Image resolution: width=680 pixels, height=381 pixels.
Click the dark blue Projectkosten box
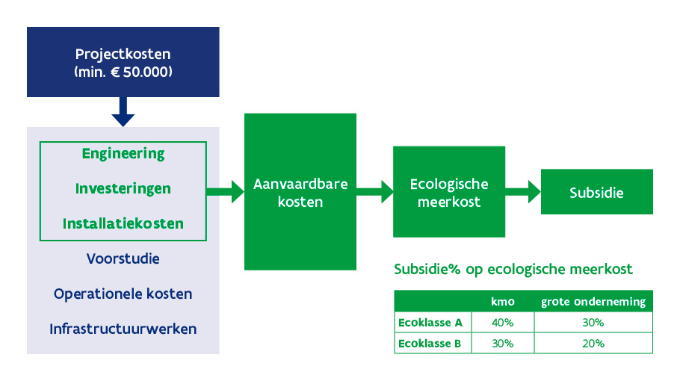pyautogui.click(x=123, y=63)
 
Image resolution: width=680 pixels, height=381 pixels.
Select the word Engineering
pyautogui.click(x=123, y=154)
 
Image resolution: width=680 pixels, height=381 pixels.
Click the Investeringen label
pyautogui.click(x=123, y=189)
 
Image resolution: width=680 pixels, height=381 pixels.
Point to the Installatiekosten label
pyautogui.click(x=123, y=223)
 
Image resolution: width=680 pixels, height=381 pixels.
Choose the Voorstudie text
pyautogui.click(x=123, y=259)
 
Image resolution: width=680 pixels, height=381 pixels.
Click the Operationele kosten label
pyautogui.click(x=123, y=294)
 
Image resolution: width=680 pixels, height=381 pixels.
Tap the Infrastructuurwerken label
pyautogui.click(x=123, y=329)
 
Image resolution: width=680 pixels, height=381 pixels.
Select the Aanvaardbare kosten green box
pyautogui.click(x=300, y=192)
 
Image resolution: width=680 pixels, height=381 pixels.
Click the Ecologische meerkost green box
pyautogui.click(x=449, y=192)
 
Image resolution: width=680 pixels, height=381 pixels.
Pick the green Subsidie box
pyautogui.click(x=596, y=192)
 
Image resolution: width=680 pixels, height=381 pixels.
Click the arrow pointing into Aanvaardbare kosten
pyautogui.click(x=227, y=191)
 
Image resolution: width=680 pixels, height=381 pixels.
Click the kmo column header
pyautogui.click(x=502, y=303)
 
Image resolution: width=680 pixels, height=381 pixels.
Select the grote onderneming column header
pyautogui.click(x=593, y=303)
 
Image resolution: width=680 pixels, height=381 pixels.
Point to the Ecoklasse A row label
pyautogui.click(x=431, y=323)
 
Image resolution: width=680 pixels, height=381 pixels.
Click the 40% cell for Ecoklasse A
pyautogui.click(x=502, y=323)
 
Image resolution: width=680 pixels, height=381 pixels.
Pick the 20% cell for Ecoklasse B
pyautogui.click(x=593, y=344)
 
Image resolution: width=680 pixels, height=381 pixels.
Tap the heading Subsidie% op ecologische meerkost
pyautogui.click(x=513, y=269)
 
